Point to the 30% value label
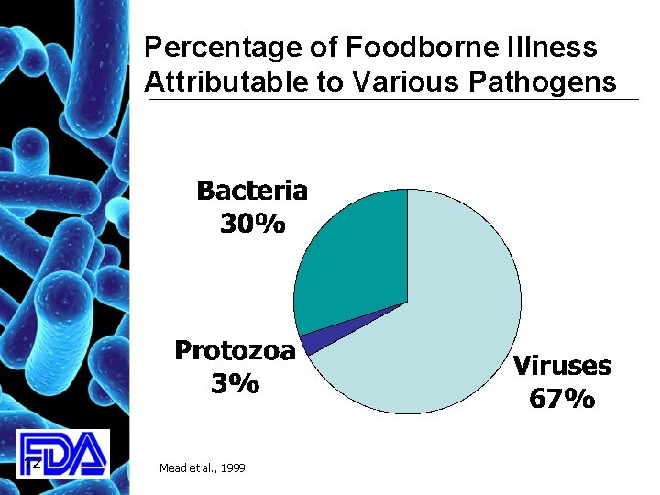252,223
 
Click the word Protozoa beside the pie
235,351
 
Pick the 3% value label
235,384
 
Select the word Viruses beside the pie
562,367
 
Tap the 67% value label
561,400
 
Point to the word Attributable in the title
218,82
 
